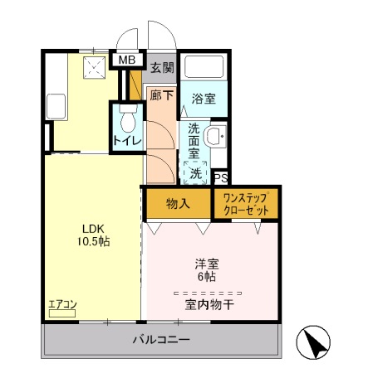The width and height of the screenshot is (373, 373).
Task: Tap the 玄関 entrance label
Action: tap(163, 68)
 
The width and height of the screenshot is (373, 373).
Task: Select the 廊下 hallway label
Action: tap(160, 95)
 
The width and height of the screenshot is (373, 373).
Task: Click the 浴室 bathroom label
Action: tap(204, 99)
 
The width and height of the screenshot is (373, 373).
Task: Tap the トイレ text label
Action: tap(127, 141)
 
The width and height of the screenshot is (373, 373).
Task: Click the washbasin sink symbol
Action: tap(214, 137)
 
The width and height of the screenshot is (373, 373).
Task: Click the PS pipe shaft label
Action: tap(220, 177)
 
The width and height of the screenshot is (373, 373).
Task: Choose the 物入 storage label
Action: tap(178, 203)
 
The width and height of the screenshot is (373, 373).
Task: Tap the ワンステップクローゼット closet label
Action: tap(245, 204)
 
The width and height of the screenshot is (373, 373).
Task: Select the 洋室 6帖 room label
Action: tap(205, 270)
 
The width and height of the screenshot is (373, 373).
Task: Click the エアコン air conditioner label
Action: tap(61, 305)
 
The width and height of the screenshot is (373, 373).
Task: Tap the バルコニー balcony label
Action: tap(162, 340)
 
